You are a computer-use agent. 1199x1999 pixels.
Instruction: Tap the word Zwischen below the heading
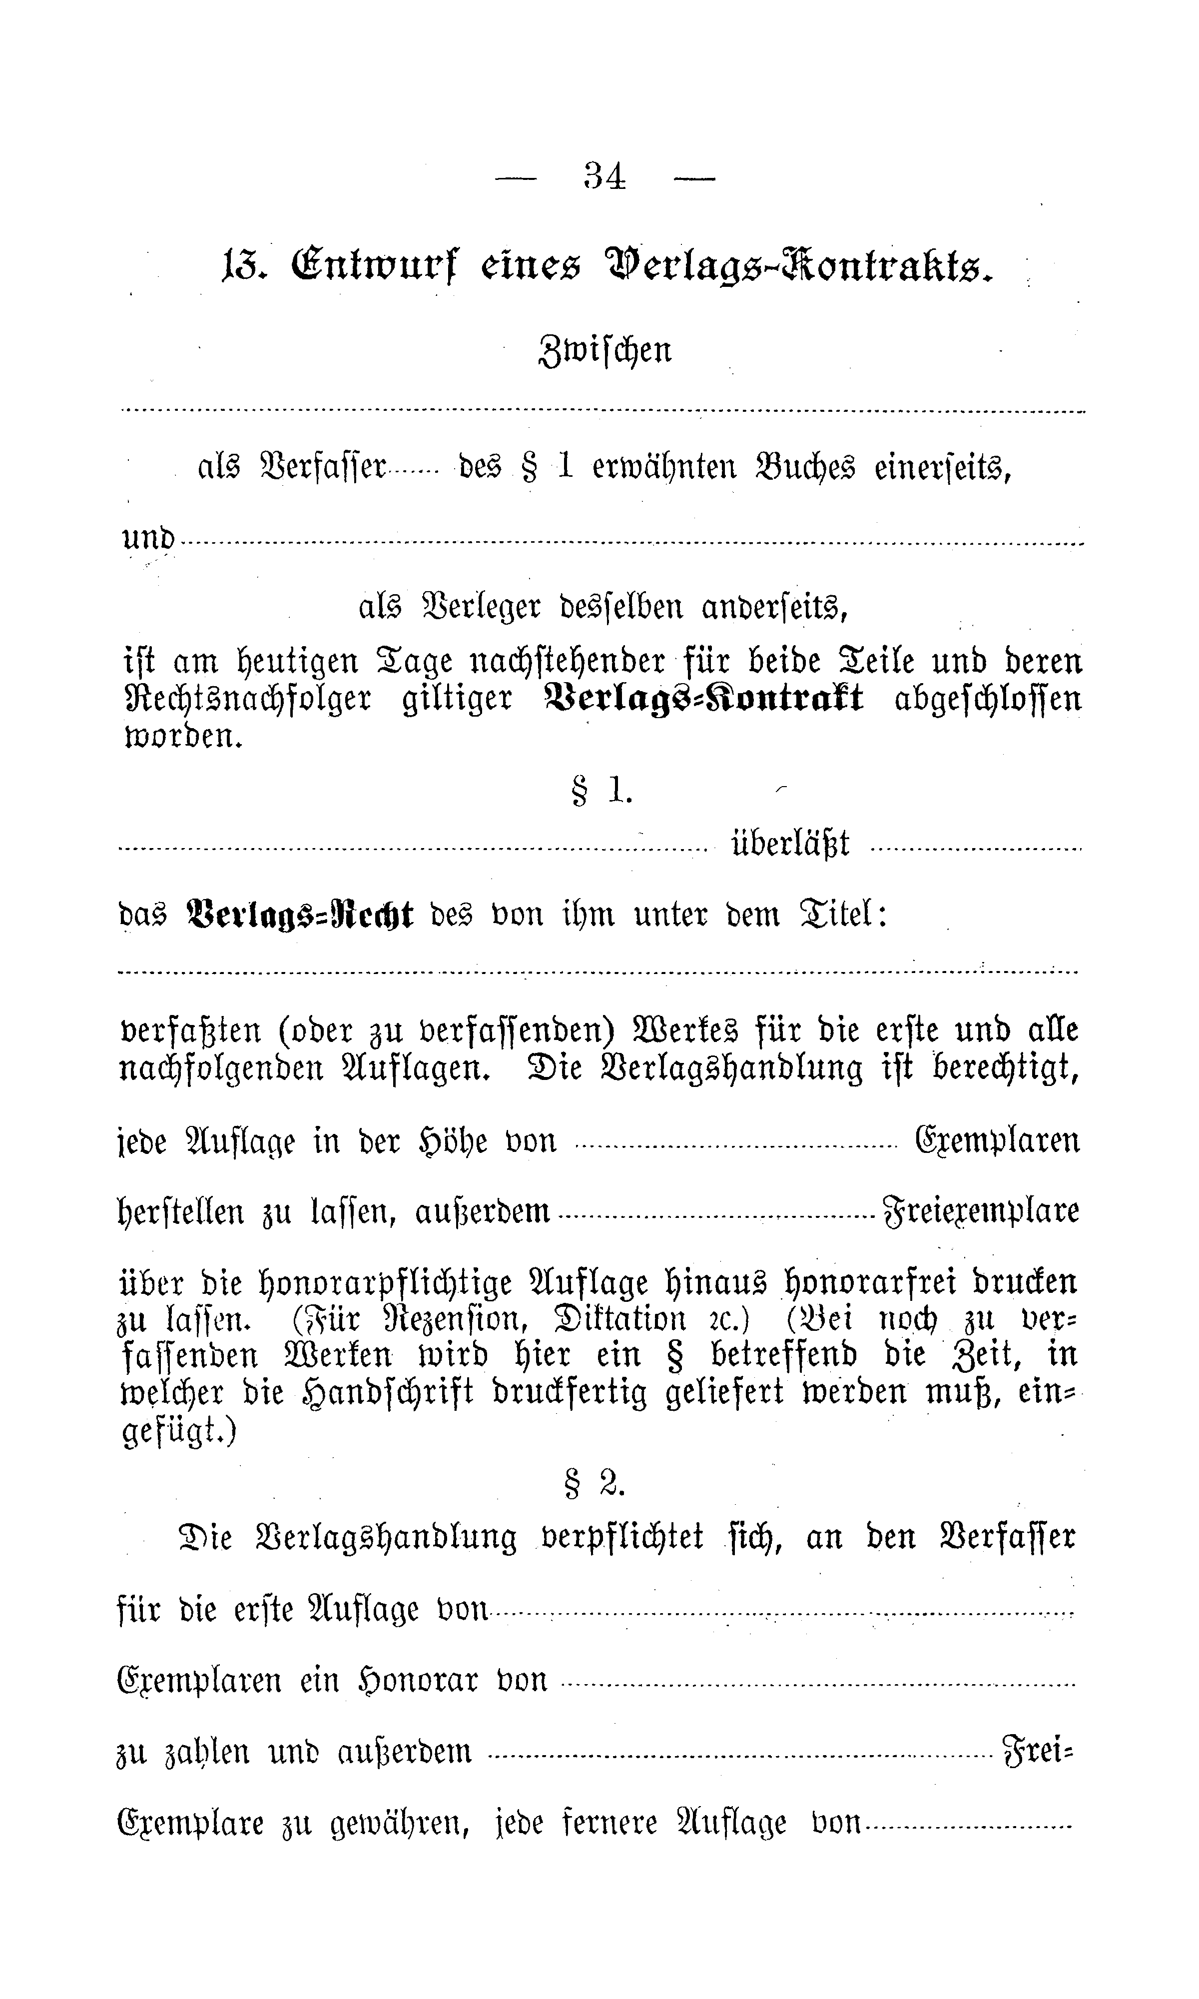604,351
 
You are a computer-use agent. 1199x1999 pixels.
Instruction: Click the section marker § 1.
602,792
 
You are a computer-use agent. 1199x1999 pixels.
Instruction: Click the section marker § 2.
594,1483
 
